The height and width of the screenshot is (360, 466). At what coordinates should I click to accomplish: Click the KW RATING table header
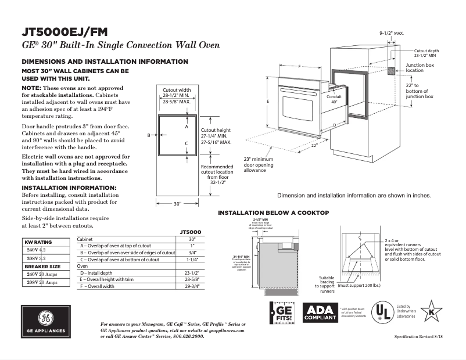point(38,242)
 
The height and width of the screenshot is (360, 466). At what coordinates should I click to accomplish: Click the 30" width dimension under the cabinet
point(178,204)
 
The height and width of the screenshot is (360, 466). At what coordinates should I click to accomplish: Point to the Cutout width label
point(177,90)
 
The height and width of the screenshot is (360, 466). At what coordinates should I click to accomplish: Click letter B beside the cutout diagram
point(149,135)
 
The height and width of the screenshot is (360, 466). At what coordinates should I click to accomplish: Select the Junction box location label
point(420,68)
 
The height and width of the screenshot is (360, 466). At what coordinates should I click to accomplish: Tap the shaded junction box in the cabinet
point(392,71)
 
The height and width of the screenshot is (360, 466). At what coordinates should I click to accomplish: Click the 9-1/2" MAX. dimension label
point(391,34)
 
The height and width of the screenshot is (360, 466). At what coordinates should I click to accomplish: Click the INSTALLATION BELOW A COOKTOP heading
point(273,213)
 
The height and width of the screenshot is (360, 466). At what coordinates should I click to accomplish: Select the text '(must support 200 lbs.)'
point(360,286)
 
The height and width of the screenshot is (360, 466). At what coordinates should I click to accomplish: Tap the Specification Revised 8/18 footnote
point(419,337)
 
